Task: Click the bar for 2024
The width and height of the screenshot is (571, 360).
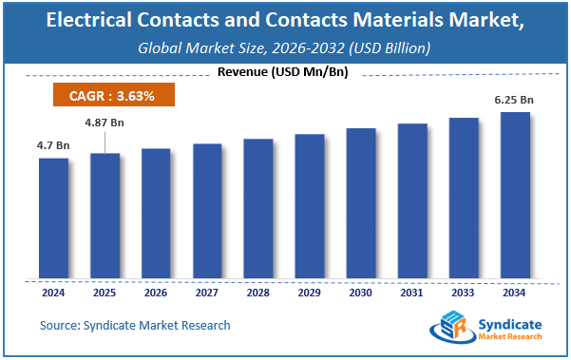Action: (x=53, y=218)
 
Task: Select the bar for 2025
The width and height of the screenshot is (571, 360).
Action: (x=105, y=216)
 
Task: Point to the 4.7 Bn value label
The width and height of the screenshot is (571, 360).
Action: (x=53, y=145)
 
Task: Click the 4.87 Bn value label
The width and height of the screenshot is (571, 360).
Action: (x=105, y=123)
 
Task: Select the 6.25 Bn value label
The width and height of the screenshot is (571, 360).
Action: (x=515, y=100)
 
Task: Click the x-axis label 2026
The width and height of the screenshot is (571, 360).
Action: (x=156, y=293)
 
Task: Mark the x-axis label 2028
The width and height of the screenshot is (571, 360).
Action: (x=258, y=293)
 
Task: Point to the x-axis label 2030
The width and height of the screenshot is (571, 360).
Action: (x=361, y=293)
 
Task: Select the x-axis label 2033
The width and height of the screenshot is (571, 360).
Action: (x=464, y=293)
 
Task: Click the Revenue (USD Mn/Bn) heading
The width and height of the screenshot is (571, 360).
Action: (x=285, y=71)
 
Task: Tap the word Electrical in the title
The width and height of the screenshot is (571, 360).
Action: (x=92, y=21)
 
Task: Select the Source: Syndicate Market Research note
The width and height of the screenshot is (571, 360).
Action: (x=135, y=326)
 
